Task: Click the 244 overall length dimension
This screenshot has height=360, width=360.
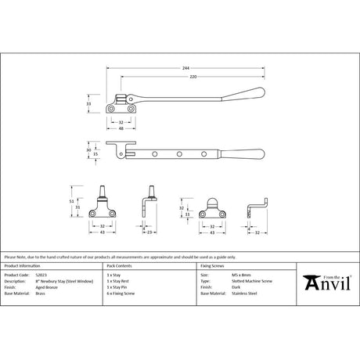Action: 185,67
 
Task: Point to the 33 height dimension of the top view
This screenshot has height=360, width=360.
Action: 88,103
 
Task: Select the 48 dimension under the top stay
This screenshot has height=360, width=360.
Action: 121,128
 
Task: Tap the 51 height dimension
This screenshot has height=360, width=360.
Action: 72,200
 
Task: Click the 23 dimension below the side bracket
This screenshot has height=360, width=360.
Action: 149,232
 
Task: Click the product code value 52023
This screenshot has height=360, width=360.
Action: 53,275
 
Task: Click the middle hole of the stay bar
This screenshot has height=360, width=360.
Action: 179,153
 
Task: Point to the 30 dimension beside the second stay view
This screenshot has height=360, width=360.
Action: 88,149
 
